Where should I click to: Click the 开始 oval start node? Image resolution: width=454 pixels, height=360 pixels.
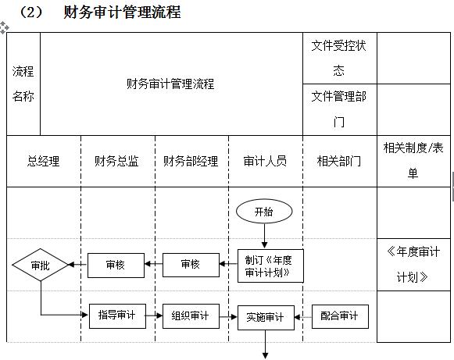click(265, 211)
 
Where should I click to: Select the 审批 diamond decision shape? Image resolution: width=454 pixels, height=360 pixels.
click(40, 266)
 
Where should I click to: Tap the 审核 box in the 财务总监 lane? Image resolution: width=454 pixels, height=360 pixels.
click(116, 266)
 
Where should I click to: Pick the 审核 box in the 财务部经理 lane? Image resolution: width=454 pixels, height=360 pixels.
click(191, 266)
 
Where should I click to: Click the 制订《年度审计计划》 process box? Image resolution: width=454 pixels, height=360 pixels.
click(270, 266)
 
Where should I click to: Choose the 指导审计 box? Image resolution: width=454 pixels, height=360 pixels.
click(117, 316)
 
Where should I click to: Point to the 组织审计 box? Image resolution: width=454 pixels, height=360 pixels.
click(191, 316)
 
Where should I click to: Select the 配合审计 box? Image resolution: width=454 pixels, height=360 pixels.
click(340, 316)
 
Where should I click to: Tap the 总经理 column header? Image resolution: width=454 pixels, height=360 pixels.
click(44, 162)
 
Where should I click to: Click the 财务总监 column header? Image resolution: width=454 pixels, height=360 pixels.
click(117, 162)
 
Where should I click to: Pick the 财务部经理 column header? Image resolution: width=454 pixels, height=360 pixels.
click(191, 162)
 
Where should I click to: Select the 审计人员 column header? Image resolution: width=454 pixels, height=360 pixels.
click(265, 162)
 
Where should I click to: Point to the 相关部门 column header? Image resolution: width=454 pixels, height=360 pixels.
click(339, 162)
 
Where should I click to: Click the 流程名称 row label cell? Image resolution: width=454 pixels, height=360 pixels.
click(23, 84)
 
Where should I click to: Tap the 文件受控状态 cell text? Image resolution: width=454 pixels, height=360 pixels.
click(339, 58)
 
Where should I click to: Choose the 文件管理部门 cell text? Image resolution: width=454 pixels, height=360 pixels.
click(339, 109)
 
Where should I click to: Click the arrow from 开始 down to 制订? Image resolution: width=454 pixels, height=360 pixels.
click(265, 235)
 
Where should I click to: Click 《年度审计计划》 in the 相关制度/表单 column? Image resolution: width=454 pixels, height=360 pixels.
click(413, 264)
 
